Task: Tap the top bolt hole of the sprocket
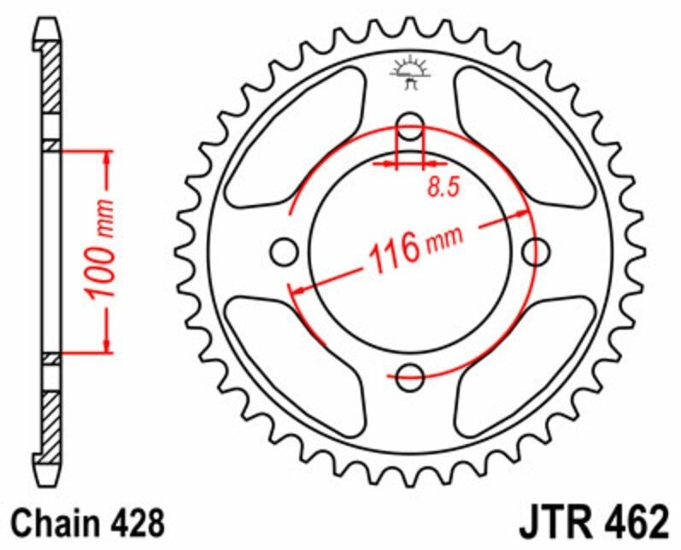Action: [x=411, y=122]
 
